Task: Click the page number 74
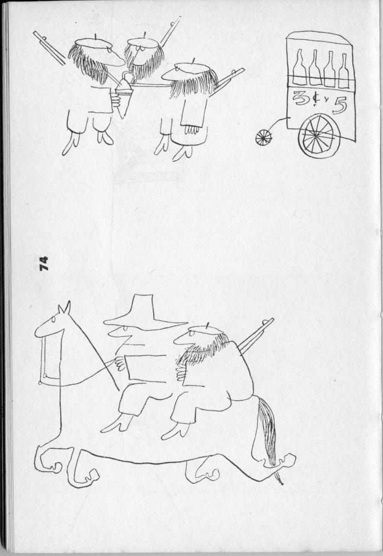[44, 264]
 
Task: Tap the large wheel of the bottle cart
[319, 136]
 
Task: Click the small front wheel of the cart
[264, 138]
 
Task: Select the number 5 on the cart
[340, 106]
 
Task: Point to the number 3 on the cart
[300, 98]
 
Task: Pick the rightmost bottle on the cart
[344, 71]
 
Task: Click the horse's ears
[65, 308]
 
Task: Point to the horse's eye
[53, 320]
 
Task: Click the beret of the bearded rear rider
[206, 330]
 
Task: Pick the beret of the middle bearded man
[143, 42]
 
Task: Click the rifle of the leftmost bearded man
[49, 48]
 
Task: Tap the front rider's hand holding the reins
[119, 364]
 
